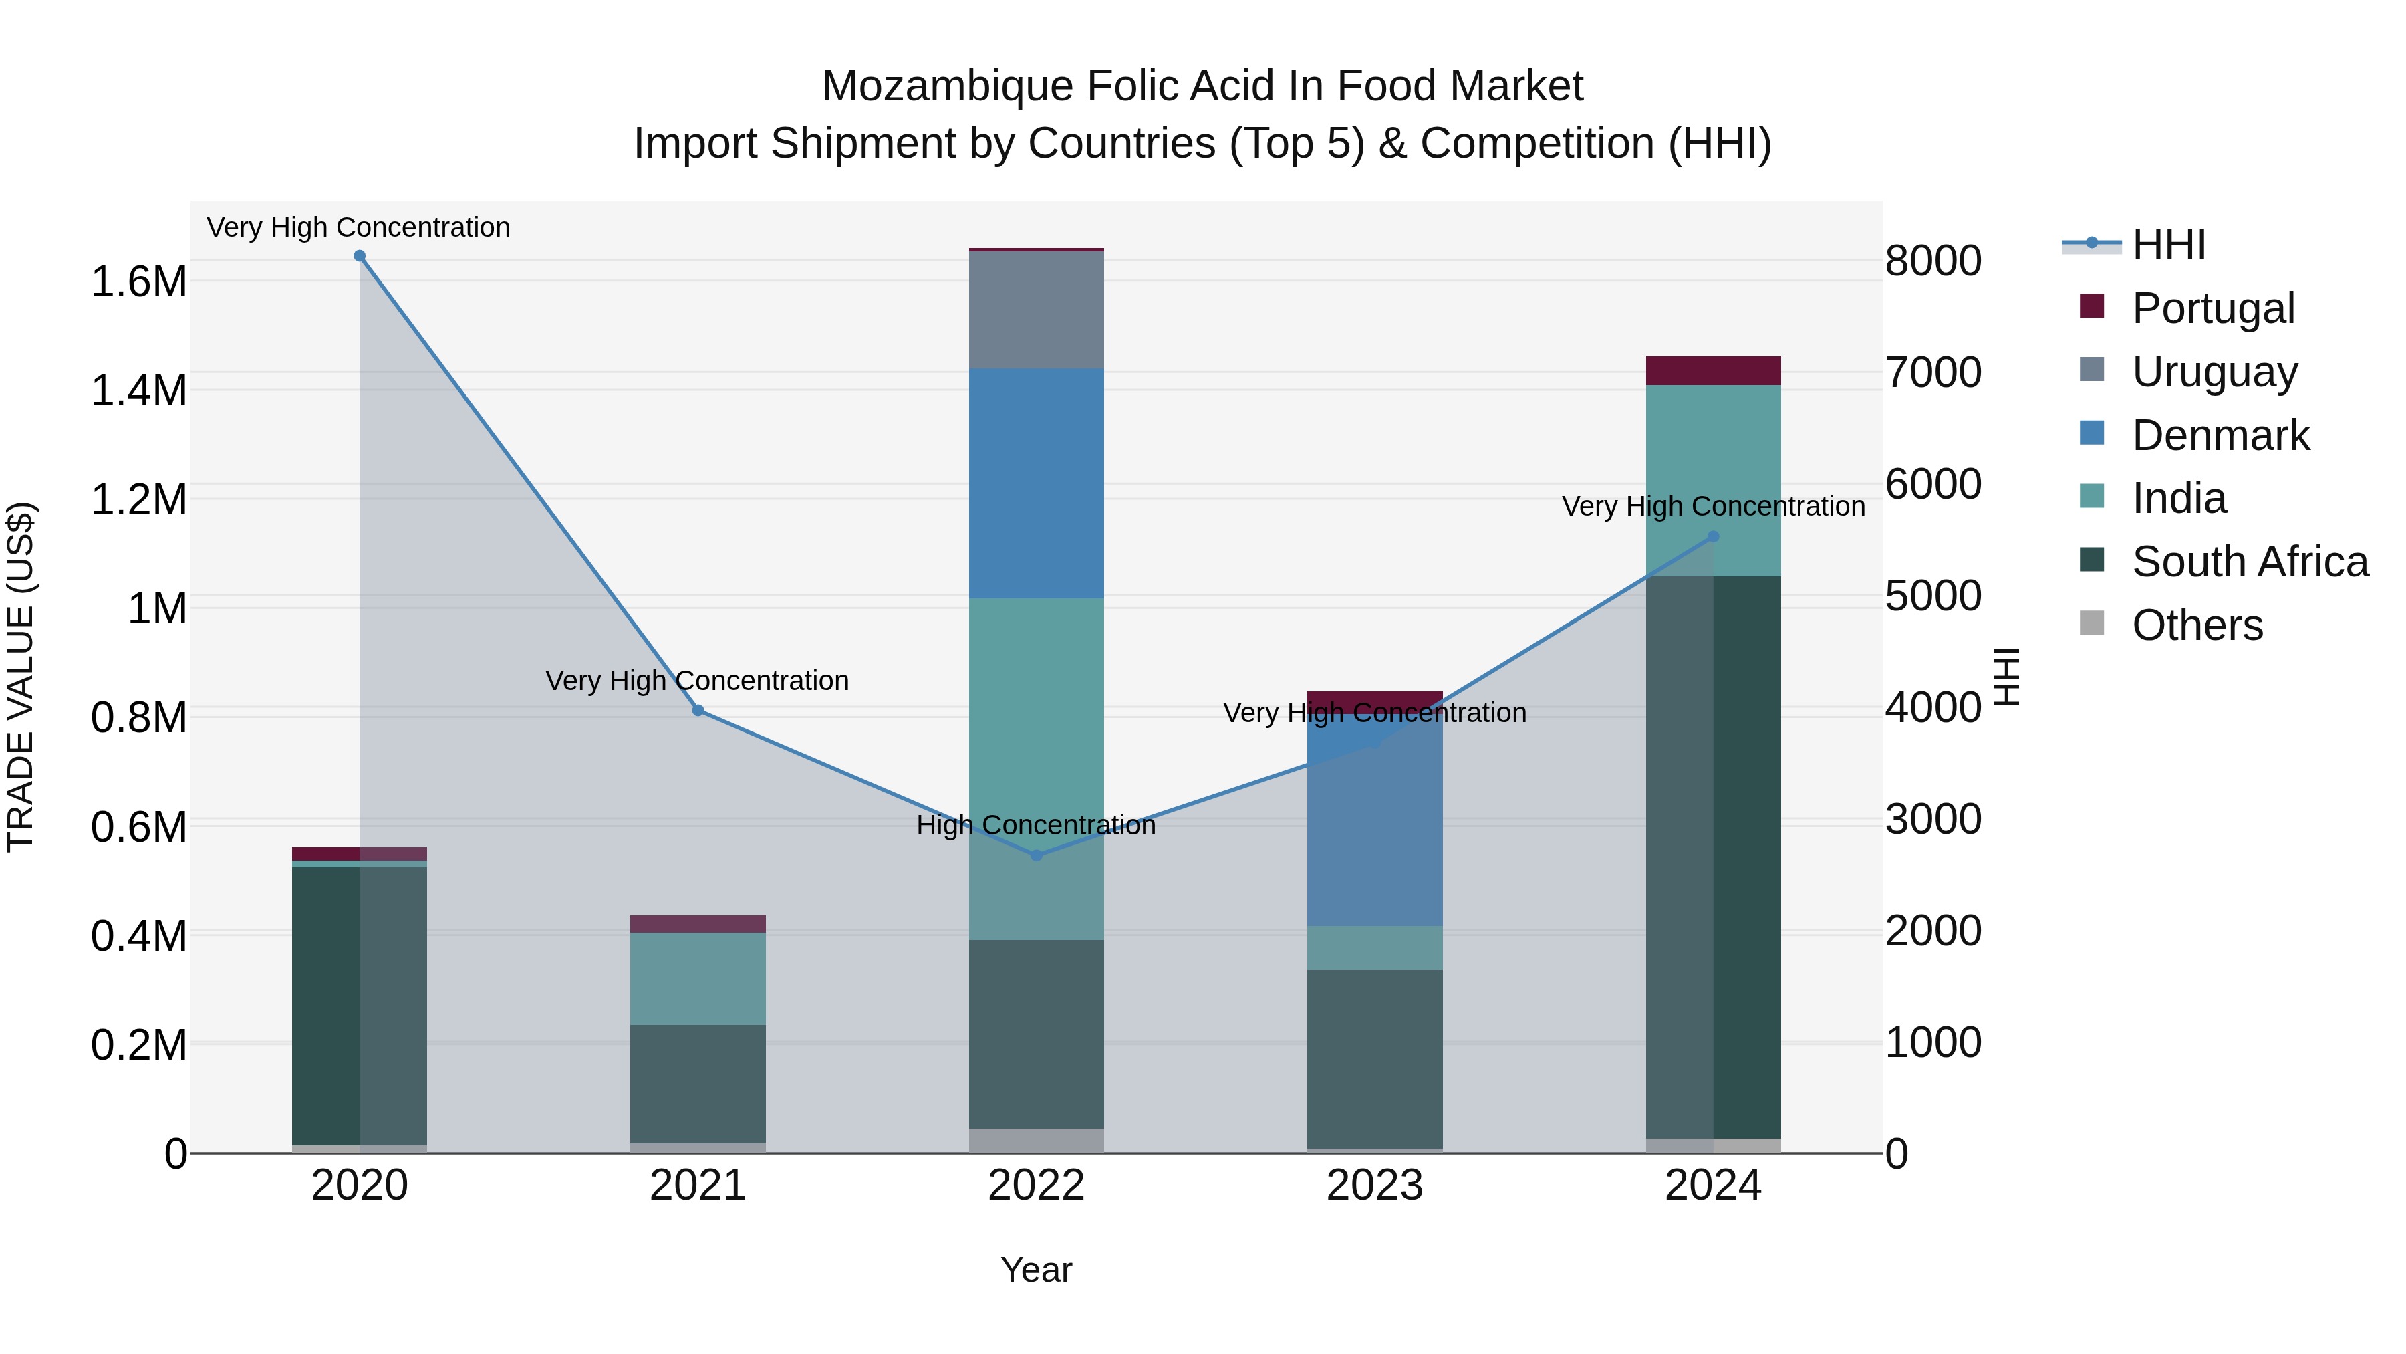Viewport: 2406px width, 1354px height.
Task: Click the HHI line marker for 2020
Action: tap(360, 256)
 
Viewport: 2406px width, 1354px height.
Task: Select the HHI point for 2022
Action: tap(1036, 855)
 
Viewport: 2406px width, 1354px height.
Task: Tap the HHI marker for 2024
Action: tap(1713, 536)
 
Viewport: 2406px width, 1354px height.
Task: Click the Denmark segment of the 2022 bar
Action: tap(1036, 483)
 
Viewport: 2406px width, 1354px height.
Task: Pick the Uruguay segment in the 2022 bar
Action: tap(1036, 310)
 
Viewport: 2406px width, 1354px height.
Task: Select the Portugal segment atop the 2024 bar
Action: tap(1713, 371)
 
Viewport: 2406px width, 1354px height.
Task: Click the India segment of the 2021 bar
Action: tap(698, 978)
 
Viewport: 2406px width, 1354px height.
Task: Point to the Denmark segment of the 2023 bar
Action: tap(1374, 822)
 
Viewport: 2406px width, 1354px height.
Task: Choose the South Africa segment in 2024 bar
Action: tap(1713, 857)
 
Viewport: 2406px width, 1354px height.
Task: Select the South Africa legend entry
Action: tap(2249, 562)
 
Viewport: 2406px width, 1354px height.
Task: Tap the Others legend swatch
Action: tap(2092, 623)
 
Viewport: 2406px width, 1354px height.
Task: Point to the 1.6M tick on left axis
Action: tap(138, 281)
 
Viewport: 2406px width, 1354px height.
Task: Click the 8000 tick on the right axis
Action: tap(1932, 261)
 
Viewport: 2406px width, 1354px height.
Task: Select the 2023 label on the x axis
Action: tap(1374, 1186)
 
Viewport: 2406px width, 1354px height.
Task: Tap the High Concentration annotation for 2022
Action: tap(1036, 825)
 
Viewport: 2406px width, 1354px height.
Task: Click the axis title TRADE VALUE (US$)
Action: tap(21, 677)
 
